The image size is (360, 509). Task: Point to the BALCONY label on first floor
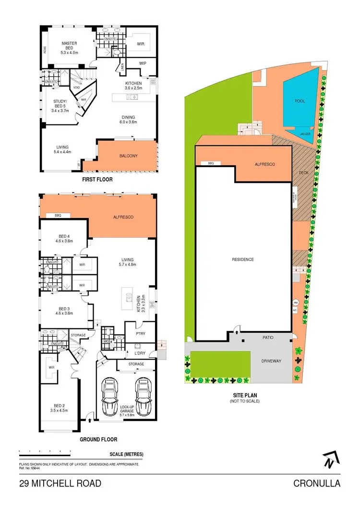coord(129,156)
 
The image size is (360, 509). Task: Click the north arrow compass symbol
coord(329,460)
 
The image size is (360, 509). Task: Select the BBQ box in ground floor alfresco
coord(59,216)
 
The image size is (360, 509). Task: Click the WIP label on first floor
coord(143,63)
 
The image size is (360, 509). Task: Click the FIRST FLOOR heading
coord(97,180)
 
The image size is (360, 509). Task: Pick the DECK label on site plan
coord(303,172)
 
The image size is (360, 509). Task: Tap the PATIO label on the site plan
coord(268,338)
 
